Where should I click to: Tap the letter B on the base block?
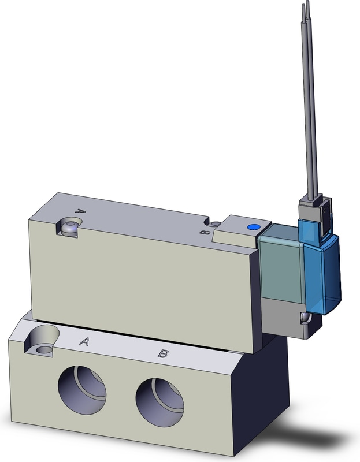coord(163,353)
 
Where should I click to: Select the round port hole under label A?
coord(81,387)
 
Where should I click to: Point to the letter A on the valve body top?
coord(81,212)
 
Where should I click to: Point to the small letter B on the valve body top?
coord(202,233)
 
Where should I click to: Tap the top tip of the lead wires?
coord(305,5)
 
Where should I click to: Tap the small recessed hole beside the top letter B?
coord(214,224)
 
